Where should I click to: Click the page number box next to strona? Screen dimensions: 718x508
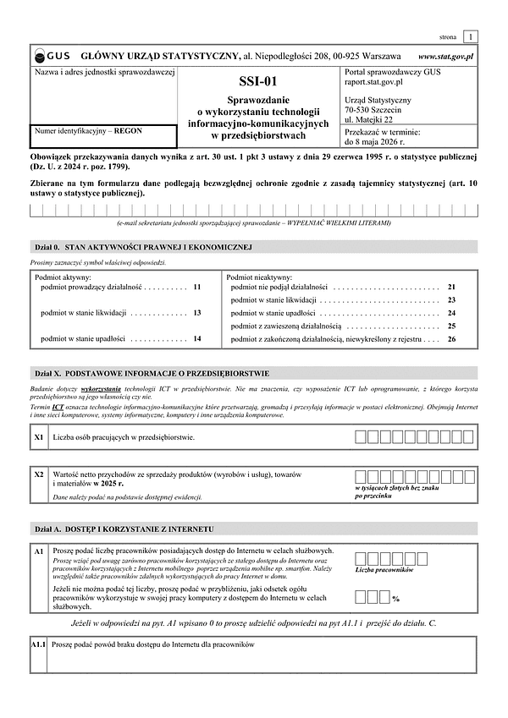coord(471,36)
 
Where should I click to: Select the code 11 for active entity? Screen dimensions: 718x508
coord(197,288)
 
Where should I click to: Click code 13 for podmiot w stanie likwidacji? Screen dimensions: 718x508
coord(197,313)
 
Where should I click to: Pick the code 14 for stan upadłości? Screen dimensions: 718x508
coord(197,338)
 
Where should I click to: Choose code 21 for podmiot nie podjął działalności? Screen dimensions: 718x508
coord(451,288)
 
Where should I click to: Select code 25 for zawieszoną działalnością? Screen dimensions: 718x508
coord(451,326)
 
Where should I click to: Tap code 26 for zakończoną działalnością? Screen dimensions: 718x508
coord(451,338)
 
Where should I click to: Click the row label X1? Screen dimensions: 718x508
coord(39,437)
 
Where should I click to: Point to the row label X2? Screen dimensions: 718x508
coord(39,474)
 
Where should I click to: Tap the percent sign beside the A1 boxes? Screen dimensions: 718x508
coord(395,599)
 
